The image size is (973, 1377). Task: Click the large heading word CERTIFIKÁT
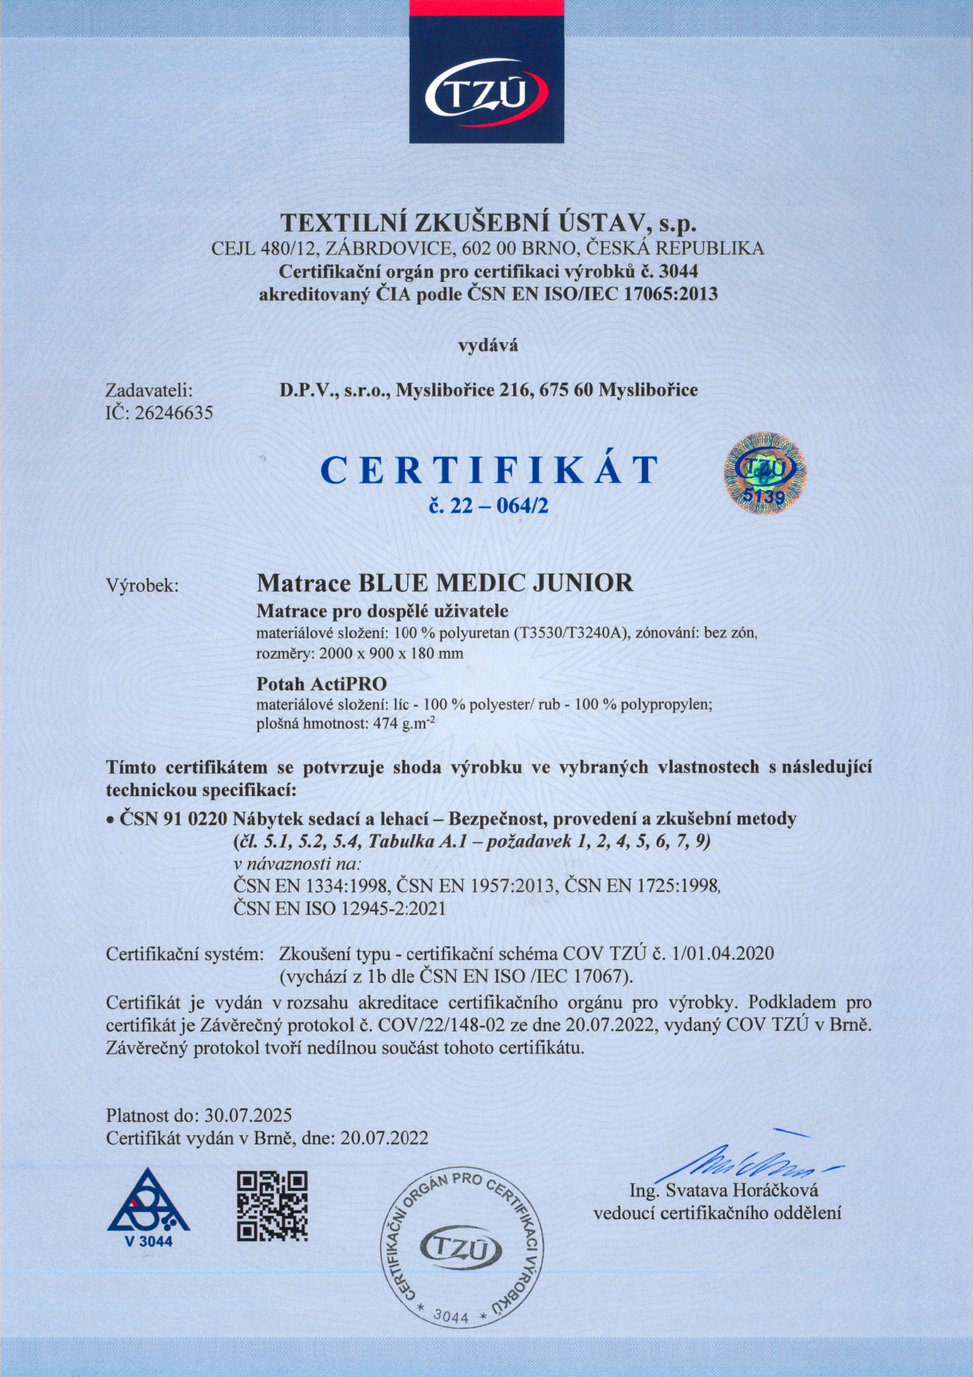489,470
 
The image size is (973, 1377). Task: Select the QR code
272,1206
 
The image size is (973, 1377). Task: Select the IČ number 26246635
174,413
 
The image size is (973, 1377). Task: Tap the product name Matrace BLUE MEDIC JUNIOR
445,583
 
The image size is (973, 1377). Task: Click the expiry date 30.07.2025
248,1115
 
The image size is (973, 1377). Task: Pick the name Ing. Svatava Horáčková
724,1190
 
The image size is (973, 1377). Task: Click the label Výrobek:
143,586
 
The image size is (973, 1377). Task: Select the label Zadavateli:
149,390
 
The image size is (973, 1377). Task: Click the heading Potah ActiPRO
322,683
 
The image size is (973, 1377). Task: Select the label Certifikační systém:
184,954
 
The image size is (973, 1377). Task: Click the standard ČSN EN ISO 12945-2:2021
340,908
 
